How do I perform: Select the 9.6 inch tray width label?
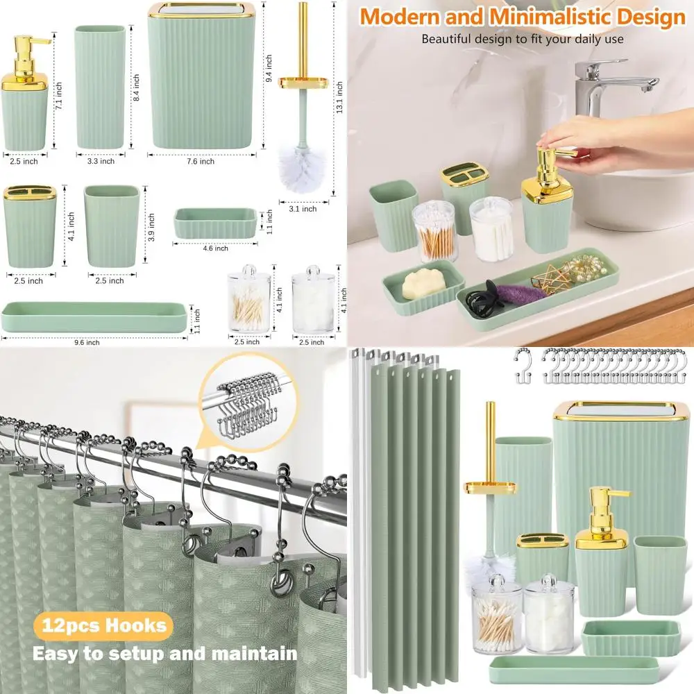[87, 342]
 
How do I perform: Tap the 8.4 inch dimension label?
[136, 88]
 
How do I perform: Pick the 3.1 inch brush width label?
[302, 209]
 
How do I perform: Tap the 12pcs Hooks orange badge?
[101, 627]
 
